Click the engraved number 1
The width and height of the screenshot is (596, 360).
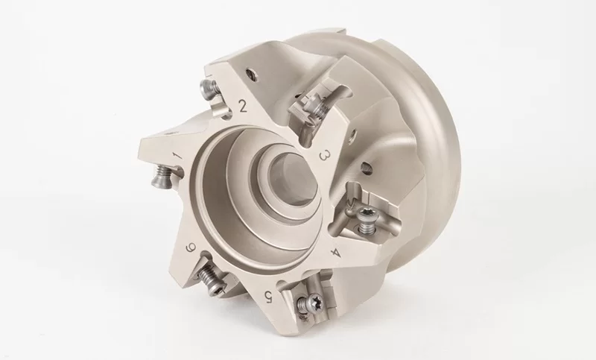tap(177, 156)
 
